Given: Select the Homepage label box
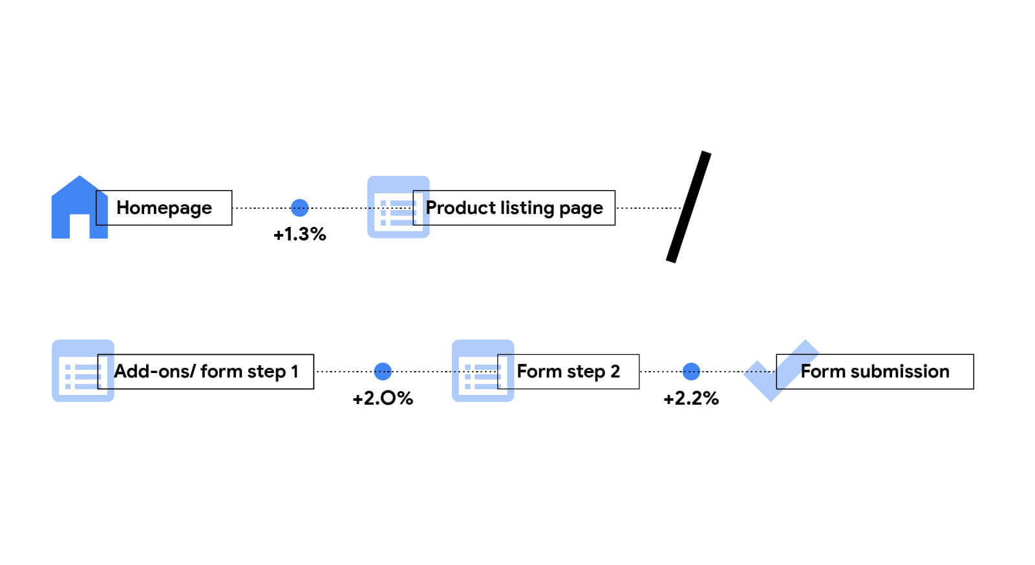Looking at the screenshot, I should [164, 208].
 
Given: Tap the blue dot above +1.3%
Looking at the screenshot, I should [299, 208].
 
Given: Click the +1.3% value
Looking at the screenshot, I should [299, 234].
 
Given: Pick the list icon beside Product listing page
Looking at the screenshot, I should [392, 208].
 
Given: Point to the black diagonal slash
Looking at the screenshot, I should [688, 207].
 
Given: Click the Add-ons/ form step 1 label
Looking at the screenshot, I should [206, 372].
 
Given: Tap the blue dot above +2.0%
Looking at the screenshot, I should [383, 371].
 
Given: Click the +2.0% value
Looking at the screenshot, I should [383, 398].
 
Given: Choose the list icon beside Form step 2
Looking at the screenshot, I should [476, 371].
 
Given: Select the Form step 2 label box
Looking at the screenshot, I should [568, 372].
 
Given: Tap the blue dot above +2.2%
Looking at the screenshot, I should [691, 371].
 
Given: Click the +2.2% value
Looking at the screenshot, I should [691, 398].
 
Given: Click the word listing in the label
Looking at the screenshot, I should [527, 208].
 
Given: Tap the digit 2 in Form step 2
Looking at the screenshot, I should [615, 372].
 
